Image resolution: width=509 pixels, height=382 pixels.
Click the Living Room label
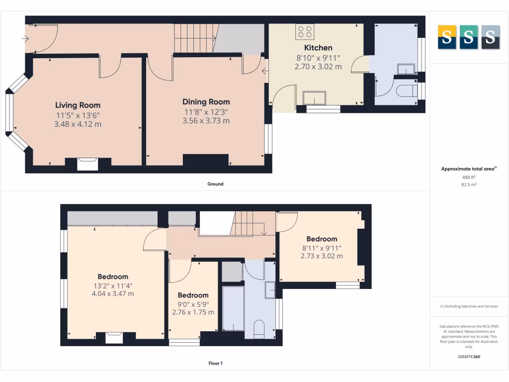(x=78, y=105)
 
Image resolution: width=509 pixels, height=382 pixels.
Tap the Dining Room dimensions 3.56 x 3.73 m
(x=206, y=120)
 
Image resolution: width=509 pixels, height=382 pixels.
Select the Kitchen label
(x=318, y=48)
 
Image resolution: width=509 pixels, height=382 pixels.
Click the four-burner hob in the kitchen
(x=305, y=32)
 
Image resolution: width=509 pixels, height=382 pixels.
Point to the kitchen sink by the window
(x=315, y=97)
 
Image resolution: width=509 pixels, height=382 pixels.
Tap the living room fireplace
(x=87, y=164)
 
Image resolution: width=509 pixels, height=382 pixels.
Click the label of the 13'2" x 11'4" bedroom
(x=113, y=277)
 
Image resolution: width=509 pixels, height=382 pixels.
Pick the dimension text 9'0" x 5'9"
(x=193, y=304)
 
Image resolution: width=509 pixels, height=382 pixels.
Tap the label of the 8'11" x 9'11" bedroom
(x=322, y=239)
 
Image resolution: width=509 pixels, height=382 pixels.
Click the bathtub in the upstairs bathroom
(x=233, y=308)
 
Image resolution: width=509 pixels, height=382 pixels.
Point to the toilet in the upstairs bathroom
(x=259, y=329)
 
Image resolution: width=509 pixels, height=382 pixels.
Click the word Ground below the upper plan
(x=215, y=184)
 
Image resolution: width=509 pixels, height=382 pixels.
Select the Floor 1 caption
(x=215, y=363)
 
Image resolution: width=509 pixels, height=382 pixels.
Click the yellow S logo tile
(x=446, y=37)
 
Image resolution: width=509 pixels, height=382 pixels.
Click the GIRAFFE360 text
(x=468, y=357)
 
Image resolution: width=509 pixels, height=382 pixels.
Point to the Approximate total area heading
(x=468, y=169)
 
